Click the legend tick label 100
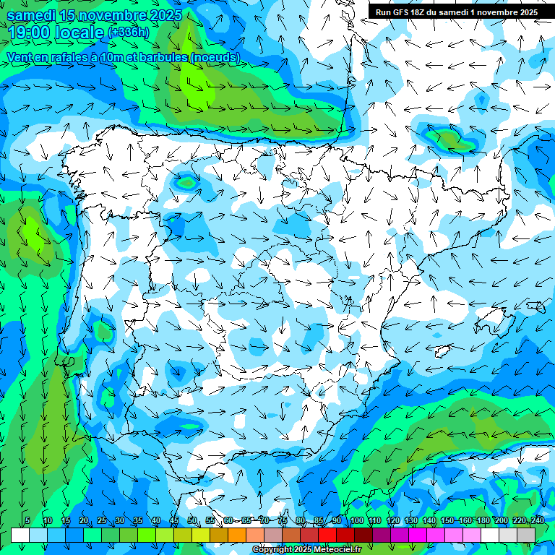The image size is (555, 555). coord(356,520)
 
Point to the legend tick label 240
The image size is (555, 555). coord(537,520)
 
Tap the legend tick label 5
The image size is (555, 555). coord(27,520)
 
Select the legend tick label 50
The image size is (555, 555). coord(192,520)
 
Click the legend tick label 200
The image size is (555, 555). coord(501,520)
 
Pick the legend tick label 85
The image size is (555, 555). coord(319,520)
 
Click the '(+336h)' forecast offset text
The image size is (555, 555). coord(128,33)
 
